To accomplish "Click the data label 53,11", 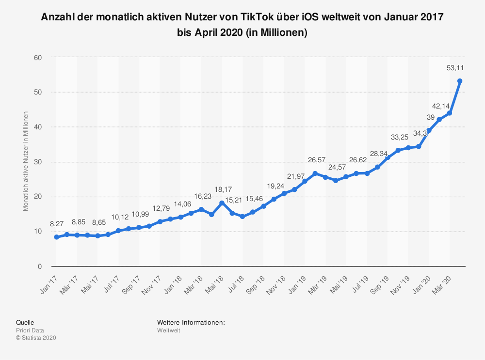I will click(454, 68).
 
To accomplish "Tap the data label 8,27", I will click(57, 224).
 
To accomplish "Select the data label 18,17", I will click(223, 190).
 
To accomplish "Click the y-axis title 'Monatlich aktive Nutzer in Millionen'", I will click(26, 161).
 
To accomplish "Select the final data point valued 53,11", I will click(460, 81).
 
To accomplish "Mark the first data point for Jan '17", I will click(57, 237).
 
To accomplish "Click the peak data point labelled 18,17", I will click(222, 203).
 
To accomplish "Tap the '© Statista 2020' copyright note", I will click(36, 338).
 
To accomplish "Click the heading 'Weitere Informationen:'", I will click(191, 322).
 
